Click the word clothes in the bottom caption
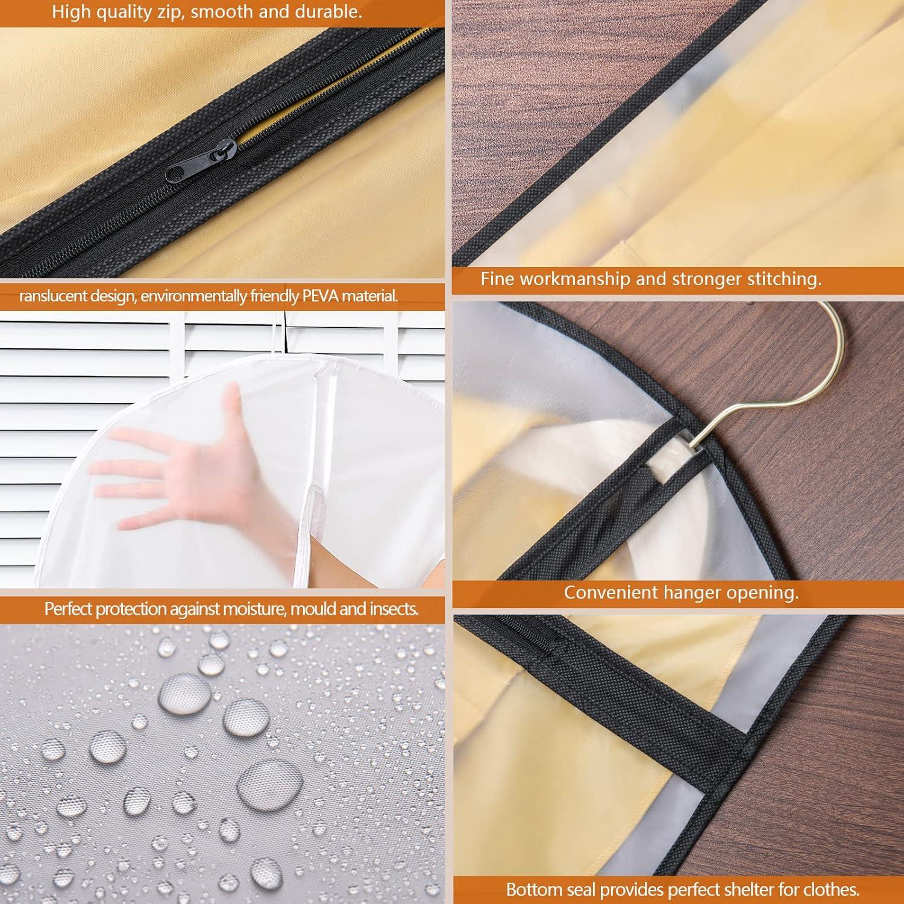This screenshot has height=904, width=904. pyautogui.click(x=830, y=889)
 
